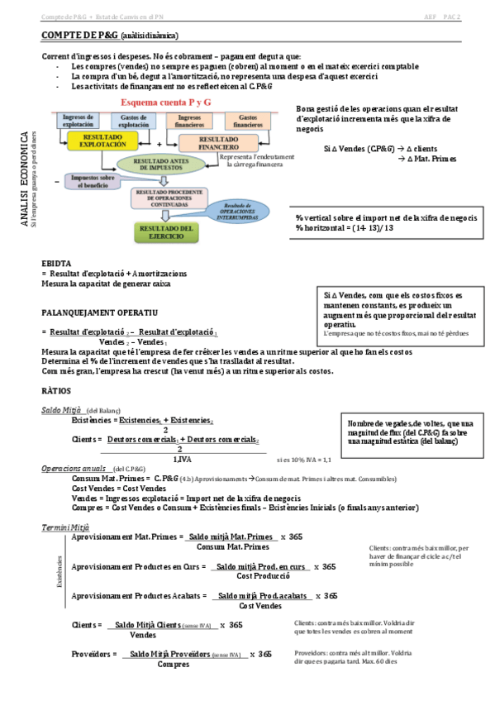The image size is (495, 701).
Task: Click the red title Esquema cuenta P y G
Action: coord(165,102)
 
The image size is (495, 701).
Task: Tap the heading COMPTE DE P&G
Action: coord(79,36)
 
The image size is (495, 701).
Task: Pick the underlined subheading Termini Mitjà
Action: coord(65,527)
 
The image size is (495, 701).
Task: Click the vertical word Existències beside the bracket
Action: coord(59,571)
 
